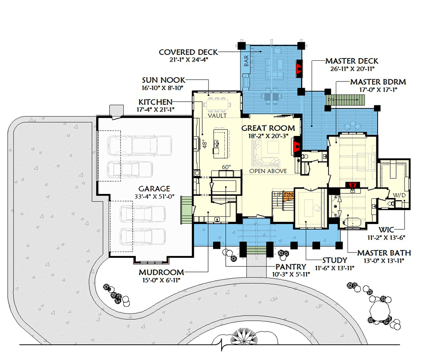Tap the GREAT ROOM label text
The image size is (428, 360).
(268, 128)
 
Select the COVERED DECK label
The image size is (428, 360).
(183, 52)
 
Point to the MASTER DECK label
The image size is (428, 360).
(352, 61)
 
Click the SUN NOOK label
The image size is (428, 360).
(164, 80)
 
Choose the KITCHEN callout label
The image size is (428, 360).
(156, 103)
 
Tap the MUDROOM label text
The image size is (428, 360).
(161, 272)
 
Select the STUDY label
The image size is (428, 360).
(334, 260)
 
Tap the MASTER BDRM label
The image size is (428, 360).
(378, 82)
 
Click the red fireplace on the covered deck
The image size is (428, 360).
(298, 68)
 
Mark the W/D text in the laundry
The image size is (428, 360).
(399, 195)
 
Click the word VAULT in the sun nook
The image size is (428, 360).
(217, 116)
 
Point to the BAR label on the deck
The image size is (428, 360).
(246, 62)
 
